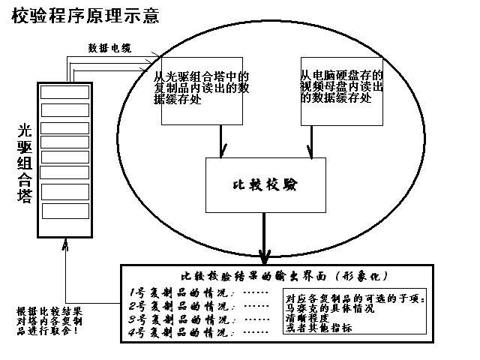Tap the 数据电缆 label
(109, 49)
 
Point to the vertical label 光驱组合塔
(24, 163)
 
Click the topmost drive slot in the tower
(64, 92)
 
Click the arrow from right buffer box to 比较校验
(310, 141)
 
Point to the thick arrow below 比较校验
(264, 236)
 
